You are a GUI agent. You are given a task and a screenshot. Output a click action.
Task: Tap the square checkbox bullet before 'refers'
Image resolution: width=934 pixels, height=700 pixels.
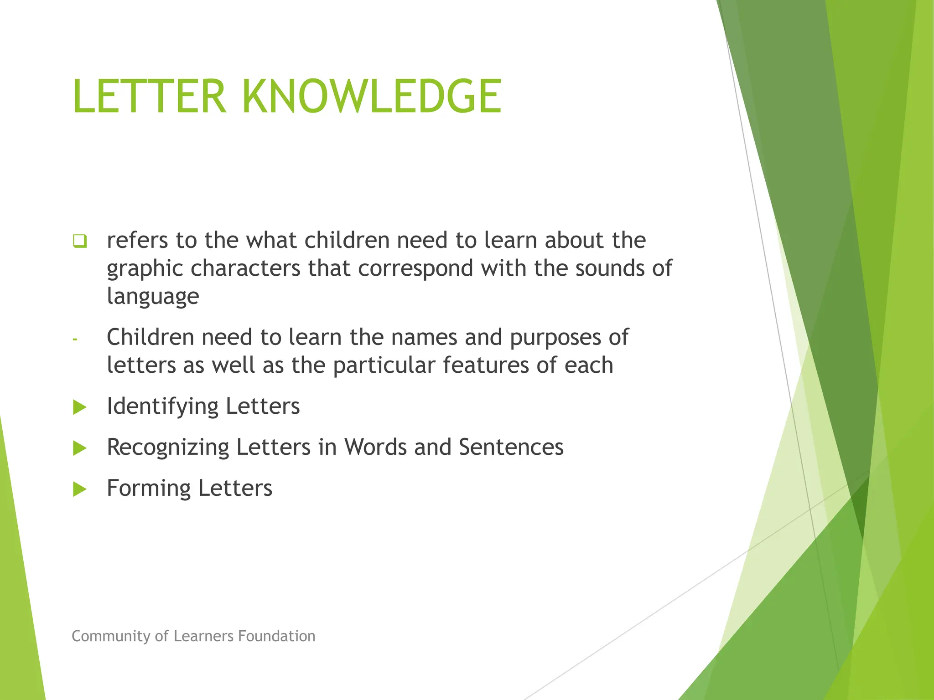coord(79,241)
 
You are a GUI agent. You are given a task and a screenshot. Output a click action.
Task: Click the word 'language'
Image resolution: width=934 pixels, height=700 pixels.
coord(153,297)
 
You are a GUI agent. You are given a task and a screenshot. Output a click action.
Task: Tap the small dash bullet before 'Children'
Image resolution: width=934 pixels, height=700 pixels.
coord(75,339)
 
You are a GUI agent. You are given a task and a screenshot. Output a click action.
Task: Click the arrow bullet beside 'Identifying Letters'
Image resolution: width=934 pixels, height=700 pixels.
coord(79,407)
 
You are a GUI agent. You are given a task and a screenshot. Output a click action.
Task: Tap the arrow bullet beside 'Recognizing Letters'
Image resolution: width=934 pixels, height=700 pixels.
coord(79,448)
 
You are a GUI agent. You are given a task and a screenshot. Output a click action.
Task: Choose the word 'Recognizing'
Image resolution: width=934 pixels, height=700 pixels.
coord(167,448)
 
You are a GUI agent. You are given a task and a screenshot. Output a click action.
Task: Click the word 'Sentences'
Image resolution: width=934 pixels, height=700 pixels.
coord(511,447)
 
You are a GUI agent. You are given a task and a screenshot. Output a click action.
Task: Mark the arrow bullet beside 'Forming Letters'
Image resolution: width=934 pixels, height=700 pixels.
coord(79,489)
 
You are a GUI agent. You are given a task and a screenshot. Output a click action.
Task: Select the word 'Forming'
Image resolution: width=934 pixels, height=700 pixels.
coord(148,489)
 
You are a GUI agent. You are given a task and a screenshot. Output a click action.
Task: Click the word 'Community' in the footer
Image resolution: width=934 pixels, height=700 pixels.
coord(111,636)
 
